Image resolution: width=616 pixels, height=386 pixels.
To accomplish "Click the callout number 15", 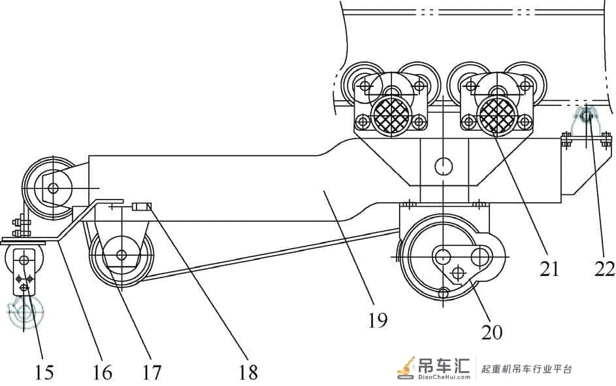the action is pos(44,372).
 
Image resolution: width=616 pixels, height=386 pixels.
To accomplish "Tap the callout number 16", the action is pos(102,372).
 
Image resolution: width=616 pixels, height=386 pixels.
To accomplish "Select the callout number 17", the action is pos(152,372).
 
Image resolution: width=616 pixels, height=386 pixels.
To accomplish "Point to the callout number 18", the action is pos(248,372).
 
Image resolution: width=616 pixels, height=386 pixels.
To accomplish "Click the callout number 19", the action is pos(378,321).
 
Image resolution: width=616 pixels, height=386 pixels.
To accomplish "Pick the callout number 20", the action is pos(491,332).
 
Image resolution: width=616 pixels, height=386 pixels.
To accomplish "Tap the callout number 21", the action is pos(549,269).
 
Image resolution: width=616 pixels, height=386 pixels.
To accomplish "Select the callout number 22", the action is pos(604,269).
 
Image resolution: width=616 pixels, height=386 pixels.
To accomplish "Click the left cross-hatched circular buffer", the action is pos(391,116).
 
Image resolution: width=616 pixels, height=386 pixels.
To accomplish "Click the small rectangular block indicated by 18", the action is pos(142,207).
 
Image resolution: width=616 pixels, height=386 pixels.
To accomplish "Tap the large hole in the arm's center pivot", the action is pos(444,166).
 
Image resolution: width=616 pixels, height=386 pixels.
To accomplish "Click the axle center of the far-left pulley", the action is pos(53,188).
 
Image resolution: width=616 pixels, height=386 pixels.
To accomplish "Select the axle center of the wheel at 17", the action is pos(122,255).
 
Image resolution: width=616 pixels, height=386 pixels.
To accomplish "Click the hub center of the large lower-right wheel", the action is pos(443,256).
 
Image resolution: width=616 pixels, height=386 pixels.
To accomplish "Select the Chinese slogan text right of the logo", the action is pos(527,369).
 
